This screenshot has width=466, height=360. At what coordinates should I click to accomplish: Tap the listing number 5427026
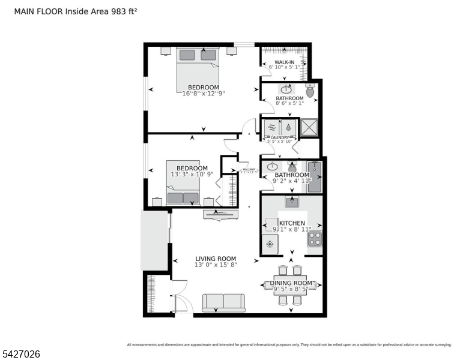pos(21,354)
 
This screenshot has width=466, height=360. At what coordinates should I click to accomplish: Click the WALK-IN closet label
pos(285,62)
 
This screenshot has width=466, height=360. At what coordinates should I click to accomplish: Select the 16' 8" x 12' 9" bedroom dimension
pos(204,93)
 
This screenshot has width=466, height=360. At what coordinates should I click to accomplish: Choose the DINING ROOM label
pos(291,283)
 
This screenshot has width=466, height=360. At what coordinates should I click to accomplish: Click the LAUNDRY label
pos(280,137)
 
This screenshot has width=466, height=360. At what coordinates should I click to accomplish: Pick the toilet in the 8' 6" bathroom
pos(310,91)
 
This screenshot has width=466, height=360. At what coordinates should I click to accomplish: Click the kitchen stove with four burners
pos(315,239)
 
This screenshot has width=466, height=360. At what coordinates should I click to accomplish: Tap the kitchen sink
pos(292,202)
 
